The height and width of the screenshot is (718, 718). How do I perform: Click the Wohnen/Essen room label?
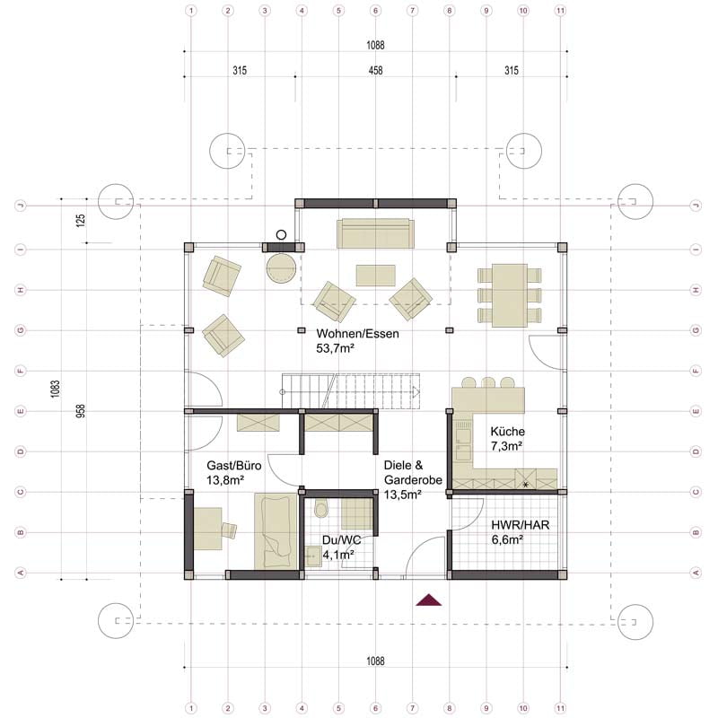(357, 341)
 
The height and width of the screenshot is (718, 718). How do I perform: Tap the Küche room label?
(507, 438)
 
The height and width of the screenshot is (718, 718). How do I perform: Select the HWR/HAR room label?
(521, 532)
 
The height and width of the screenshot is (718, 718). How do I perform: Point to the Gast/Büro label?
(234, 473)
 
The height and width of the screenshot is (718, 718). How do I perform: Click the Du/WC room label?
(341, 547)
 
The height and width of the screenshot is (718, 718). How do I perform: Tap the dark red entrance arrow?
(429, 600)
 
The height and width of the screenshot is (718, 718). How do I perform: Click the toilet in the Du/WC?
(321, 509)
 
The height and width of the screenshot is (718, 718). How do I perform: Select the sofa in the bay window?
(375, 233)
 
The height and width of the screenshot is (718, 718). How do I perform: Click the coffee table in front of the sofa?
(375, 276)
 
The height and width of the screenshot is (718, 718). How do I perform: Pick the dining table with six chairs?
(510, 295)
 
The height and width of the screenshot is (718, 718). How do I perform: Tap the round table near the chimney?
(281, 267)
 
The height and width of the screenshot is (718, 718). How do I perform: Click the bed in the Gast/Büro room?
(276, 531)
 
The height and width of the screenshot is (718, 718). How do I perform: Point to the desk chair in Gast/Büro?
(229, 530)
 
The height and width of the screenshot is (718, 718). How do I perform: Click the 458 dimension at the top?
(375, 71)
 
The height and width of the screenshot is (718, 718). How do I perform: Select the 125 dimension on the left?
(81, 221)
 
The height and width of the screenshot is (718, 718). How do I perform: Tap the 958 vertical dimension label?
(81, 411)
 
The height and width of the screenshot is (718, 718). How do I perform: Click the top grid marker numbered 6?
(375, 11)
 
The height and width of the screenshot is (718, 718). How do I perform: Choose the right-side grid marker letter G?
(696, 330)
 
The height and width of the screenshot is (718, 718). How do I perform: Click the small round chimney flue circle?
(281, 235)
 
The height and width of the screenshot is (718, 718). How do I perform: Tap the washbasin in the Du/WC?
(313, 556)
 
